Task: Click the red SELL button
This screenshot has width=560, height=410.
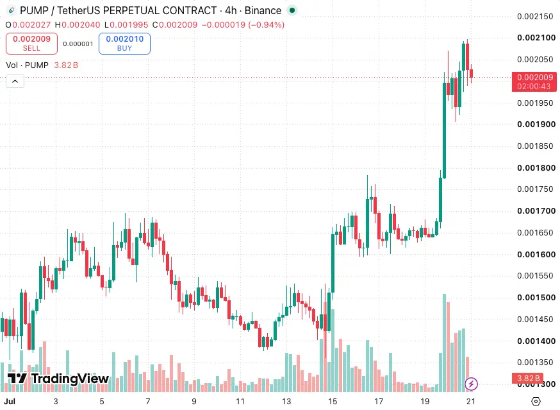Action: point(31,44)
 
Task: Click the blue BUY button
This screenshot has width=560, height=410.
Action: point(124,44)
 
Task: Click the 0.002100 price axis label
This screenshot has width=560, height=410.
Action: point(536,38)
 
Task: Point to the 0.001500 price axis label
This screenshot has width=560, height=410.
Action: point(536,297)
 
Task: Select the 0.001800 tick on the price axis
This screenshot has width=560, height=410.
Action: point(536,168)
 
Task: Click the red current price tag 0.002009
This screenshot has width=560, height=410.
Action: point(534,81)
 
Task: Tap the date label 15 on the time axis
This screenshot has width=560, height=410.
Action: point(333,402)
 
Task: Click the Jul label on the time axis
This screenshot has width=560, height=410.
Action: point(10,402)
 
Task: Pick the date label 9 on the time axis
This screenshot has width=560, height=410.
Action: point(194,402)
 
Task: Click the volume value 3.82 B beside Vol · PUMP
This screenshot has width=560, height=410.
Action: point(66,65)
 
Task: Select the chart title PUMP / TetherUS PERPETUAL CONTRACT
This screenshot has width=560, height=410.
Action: point(118,11)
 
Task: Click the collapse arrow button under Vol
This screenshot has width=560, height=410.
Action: point(15,81)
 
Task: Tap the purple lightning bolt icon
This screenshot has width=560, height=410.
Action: point(471,384)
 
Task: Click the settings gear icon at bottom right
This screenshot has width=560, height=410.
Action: point(536,402)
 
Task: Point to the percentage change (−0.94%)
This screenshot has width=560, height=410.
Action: point(266,24)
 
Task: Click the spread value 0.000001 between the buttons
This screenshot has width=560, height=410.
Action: point(78,44)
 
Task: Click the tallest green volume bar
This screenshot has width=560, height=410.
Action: point(444,343)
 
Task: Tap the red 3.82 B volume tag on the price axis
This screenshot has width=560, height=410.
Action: point(528,378)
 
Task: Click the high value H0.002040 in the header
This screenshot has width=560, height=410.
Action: point(78,24)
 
